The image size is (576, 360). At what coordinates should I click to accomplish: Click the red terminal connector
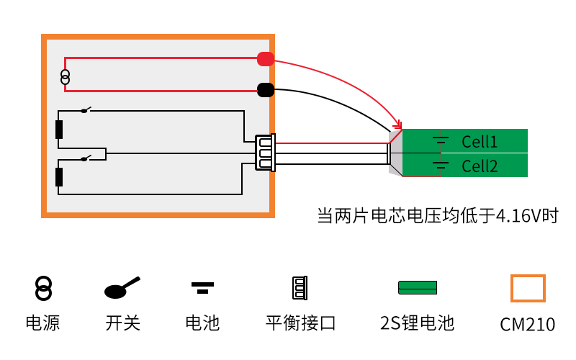(x=266, y=60)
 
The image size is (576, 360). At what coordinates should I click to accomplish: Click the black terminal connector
(x=266, y=90)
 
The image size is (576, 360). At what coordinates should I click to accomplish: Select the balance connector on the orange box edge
(x=265, y=153)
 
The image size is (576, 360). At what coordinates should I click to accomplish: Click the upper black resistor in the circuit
(x=59, y=130)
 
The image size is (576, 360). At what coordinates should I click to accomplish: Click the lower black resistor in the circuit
(x=59, y=177)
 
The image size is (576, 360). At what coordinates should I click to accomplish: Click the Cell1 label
(x=480, y=141)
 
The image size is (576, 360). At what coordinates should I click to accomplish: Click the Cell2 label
(x=480, y=166)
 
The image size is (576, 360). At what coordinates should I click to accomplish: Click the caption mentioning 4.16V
(x=438, y=215)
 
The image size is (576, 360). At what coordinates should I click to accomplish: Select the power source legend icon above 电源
(x=44, y=288)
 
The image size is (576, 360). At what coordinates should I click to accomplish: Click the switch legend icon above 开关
(x=122, y=288)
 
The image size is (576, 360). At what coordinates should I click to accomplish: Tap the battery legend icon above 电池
(x=202, y=287)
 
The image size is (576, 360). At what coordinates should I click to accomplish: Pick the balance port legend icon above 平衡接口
(x=299, y=288)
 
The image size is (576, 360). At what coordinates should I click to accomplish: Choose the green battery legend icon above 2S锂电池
(x=418, y=287)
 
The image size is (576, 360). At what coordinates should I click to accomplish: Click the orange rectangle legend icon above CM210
(x=528, y=288)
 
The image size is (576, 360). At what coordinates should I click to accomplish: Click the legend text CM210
(x=528, y=324)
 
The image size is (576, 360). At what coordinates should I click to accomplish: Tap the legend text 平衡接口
(x=300, y=323)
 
